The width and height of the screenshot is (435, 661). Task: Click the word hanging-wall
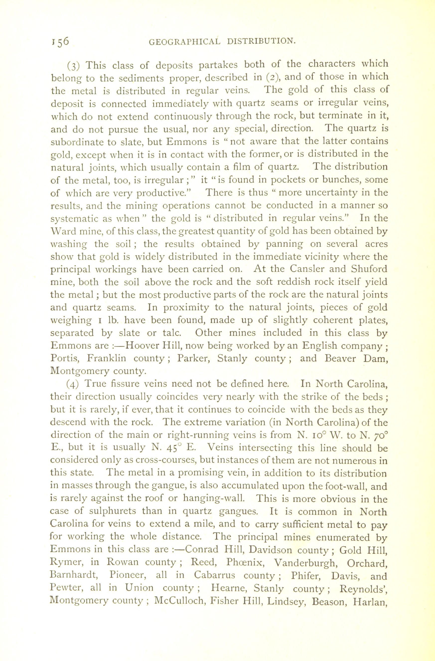tap(214, 499)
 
